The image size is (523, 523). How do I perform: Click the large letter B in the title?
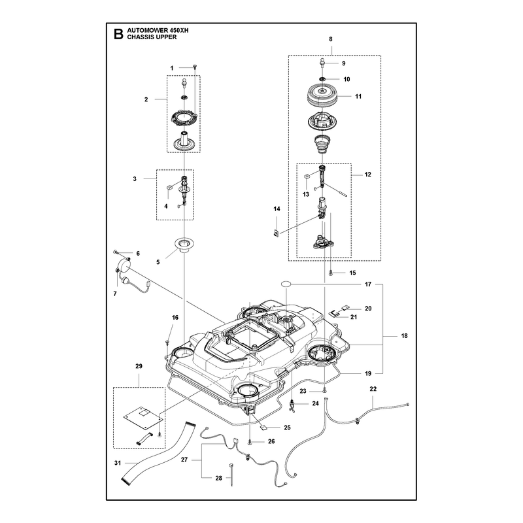click(118, 34)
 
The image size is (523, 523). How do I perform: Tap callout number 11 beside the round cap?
click(358, 96)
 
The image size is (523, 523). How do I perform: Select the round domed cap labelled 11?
click(322, 95)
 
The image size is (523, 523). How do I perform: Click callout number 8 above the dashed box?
click(331, 39)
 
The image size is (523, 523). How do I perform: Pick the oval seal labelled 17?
click(286, 284)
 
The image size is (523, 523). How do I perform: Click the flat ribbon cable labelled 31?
click(156, 452)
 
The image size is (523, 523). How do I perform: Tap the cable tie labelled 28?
click(231, 475)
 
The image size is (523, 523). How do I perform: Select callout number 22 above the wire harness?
click(373, 389)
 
